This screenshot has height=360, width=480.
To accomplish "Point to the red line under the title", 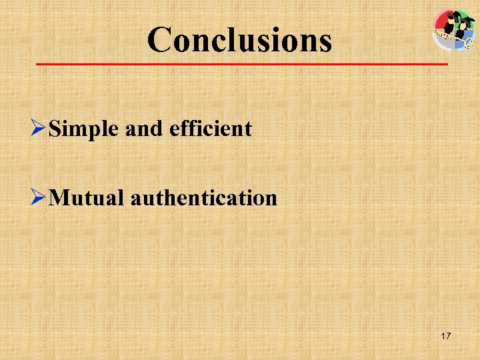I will tap(240, 64).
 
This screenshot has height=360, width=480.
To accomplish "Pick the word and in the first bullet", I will tap(145, 128).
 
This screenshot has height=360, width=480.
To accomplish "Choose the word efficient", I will tap(211, 128).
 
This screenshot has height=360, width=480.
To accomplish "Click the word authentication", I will tap(204, 197).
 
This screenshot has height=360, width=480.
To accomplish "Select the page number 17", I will tap(445, 337).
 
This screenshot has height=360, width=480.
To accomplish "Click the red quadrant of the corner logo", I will tap(441, 21).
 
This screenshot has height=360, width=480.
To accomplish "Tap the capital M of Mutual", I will tap(58, 197).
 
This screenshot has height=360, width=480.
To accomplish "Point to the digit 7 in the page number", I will tap(448, 337).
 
